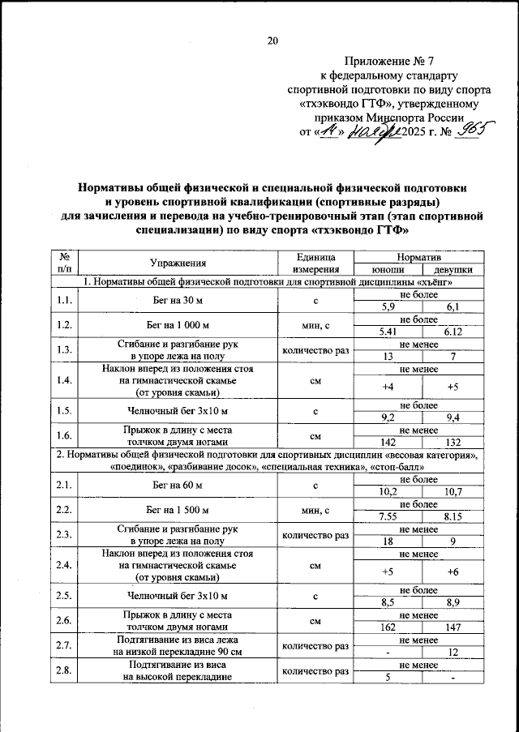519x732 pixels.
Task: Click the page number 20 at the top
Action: (x=272, y=41)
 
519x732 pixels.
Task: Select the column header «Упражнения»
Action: (x=178, y=263)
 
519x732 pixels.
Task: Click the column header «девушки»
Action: (x=453, y=270)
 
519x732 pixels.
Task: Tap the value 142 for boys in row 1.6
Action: (x=388, y=442)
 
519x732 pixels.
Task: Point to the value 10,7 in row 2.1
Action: (x=453, y=491)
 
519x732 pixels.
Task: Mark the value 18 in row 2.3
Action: (x=388, y=541)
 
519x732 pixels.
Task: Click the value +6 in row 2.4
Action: (x=453, y=571)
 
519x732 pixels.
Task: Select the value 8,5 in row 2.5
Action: (x=388, y=603)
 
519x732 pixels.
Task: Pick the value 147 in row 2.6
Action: (x=453, y=627)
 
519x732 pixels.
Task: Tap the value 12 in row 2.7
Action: (x=453, y=653)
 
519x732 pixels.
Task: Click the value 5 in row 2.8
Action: (x=388, y=678)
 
